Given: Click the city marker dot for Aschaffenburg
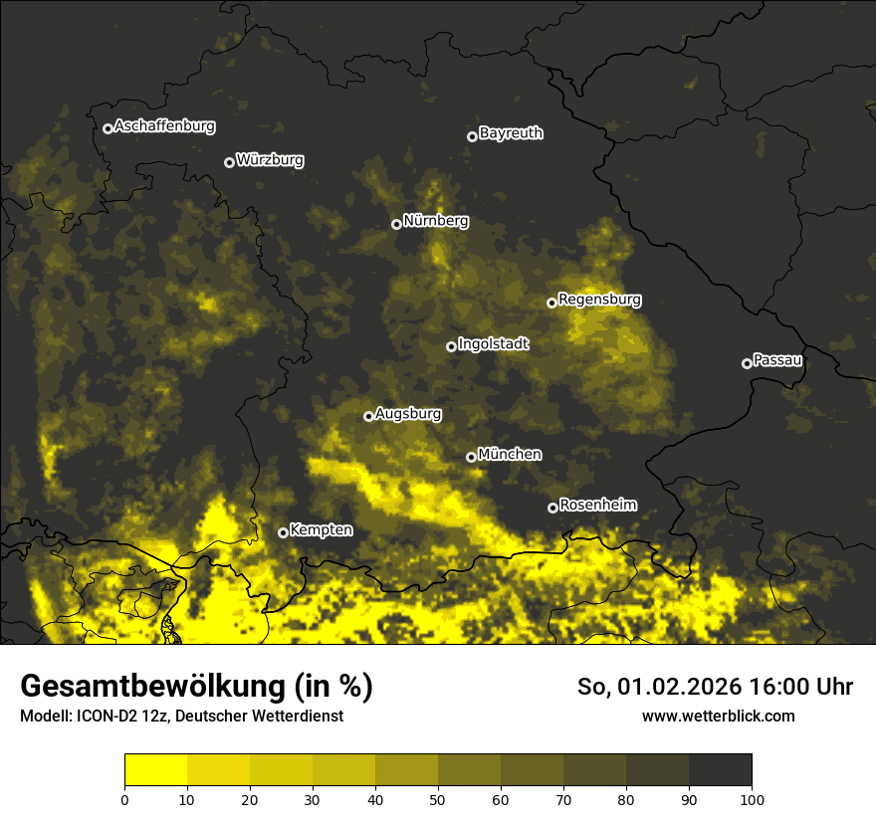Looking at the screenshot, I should coord(108,128).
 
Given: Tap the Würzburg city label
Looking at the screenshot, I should coord(270,160).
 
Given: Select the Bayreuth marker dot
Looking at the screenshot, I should coord(472,136).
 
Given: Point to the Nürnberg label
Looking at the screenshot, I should coord(435,221).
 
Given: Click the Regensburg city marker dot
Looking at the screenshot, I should coord(551,303).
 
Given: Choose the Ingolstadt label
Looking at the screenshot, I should coord(494,344).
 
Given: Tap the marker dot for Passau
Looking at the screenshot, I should coord(747,363).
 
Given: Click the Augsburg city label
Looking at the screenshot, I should coord(408,414).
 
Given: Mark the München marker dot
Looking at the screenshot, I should coord(471,457).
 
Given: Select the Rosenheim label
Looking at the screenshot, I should coord(597,505).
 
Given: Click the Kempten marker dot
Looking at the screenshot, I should coord(283,532).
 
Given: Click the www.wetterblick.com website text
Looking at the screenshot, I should coord(718,716).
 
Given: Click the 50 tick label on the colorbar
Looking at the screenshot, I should coord(438,799).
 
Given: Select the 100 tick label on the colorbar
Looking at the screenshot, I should coord(751,799).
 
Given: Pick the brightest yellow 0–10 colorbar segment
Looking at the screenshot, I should coord(155,770).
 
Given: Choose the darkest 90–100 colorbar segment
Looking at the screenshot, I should coord(720,770).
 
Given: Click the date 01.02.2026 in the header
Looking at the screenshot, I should coord(670,687).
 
